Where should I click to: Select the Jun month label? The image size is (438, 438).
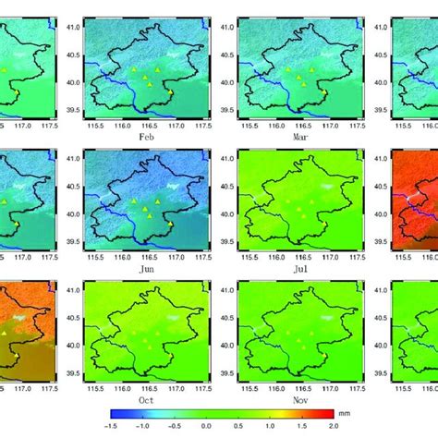coord(143,267)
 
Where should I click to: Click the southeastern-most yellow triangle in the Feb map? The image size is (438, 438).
coord(171,92)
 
